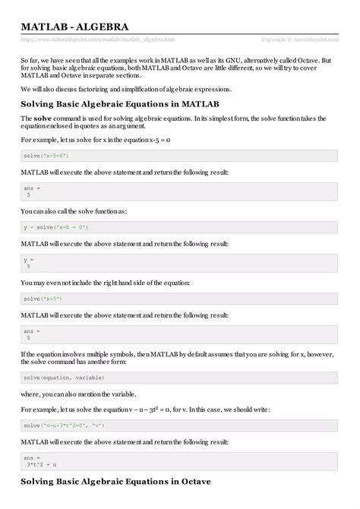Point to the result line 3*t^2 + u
coord(47,464)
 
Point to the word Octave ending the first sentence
coord(318,59)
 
